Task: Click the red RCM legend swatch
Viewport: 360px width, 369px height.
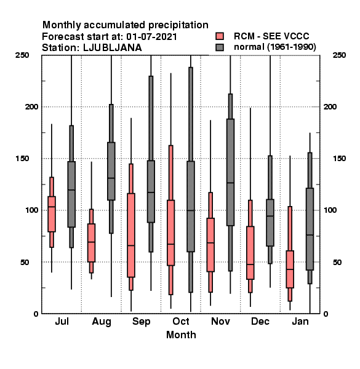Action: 220,36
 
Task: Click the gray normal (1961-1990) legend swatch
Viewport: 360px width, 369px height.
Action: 220,47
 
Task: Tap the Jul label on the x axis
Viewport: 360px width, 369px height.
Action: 62,321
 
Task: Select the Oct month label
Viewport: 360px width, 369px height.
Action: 181,321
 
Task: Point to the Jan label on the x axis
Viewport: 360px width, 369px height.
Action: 300,321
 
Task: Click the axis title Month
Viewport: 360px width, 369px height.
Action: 181,335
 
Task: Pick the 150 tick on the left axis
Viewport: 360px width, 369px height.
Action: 22,159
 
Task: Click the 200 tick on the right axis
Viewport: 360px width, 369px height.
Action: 330,106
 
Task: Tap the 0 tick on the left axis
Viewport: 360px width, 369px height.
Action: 36,314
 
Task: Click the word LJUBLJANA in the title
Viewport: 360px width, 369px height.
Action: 113,47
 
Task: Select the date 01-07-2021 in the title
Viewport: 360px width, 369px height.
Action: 151,36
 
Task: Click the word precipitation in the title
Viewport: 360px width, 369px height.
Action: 178,25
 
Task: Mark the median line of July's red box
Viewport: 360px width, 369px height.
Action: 52,207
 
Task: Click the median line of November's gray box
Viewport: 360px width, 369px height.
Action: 231,183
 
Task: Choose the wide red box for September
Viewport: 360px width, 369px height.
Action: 131,235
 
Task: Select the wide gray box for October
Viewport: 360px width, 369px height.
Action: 191,207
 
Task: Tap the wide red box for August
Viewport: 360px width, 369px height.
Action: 91,243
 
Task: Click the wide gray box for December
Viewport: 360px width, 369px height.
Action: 270,223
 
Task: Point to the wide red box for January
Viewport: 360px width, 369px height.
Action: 290,269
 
